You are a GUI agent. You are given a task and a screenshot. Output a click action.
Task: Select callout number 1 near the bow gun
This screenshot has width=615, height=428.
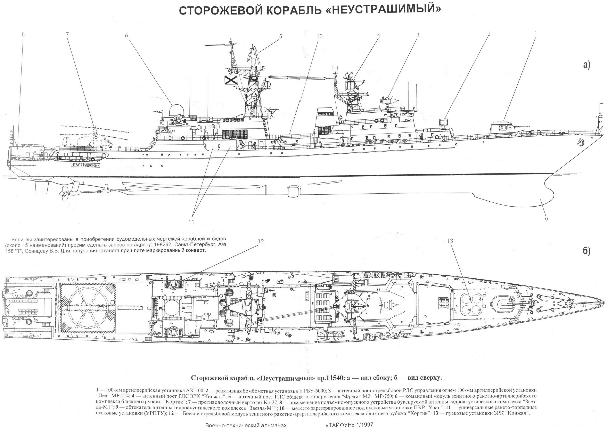(x=535, y=41)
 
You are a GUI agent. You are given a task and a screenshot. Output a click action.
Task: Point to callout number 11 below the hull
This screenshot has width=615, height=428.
(x=191, y=222)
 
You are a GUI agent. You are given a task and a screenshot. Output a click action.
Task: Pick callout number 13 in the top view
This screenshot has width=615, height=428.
(x=450, y=241)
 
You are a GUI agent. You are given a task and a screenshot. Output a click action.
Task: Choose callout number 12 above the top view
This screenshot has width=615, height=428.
(x=261, y=241)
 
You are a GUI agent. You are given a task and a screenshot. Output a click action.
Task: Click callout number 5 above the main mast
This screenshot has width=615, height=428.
(x=280, y=37)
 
